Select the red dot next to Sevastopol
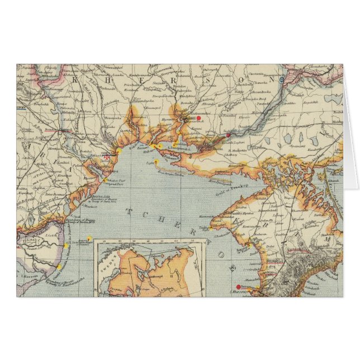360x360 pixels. pyautogui.click(x=238, y=287)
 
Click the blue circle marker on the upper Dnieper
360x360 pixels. pyautogui.click(x=281, y=80)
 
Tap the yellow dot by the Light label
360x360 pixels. pyautogui.click(x=157, y=163)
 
